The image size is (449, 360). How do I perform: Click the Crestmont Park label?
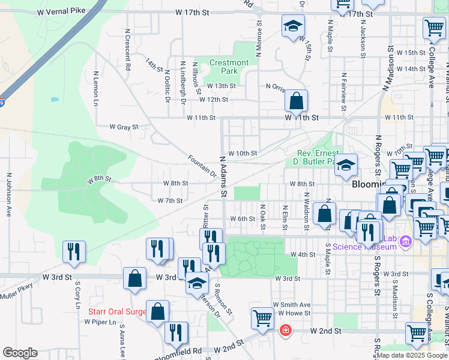(229, 67)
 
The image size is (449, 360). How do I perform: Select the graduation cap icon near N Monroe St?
(293, 26)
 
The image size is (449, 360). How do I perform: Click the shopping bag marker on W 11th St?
(297, 101)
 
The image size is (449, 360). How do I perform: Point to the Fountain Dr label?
(202, 166)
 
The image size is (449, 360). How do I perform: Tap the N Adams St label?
(223, 177)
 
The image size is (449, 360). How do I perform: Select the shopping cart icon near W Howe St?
(262, 319)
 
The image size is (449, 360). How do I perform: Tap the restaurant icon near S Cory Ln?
(74, 251)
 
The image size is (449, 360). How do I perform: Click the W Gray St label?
(124, 127)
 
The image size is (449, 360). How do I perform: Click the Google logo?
(20, 353)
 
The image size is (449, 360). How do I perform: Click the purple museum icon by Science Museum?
(405, 241)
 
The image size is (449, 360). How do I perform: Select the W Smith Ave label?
(292, 305)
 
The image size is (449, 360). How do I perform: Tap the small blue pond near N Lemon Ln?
(55, 99)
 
